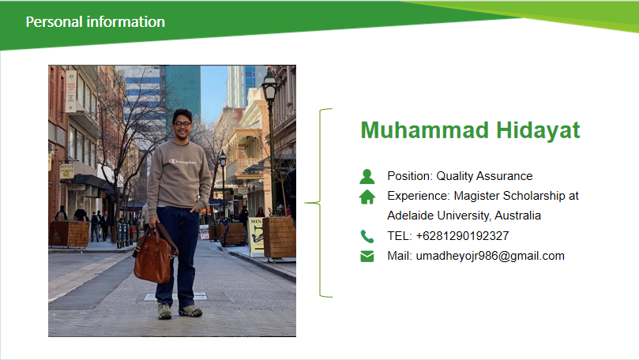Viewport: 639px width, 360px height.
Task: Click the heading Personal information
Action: point(96,22)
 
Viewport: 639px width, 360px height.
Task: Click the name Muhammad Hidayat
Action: point(470,130)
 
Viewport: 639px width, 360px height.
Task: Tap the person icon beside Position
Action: point(367,176)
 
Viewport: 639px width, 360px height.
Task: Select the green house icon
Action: point(367,197)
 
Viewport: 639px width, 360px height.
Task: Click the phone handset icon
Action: point(366,236)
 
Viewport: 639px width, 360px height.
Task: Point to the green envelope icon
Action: point(367,256)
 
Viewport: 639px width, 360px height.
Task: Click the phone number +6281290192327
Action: point(463,236)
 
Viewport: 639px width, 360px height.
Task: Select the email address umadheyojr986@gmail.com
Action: point(491,256)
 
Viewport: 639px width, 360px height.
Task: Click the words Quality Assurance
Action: point(484,176)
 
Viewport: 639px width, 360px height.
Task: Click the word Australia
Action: point(518,216)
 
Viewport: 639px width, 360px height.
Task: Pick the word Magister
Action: point(477,196)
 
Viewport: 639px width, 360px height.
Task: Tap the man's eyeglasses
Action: point(182,124)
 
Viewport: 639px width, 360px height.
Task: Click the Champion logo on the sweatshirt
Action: point(182,162)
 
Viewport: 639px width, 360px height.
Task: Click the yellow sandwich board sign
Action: point(257,237)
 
